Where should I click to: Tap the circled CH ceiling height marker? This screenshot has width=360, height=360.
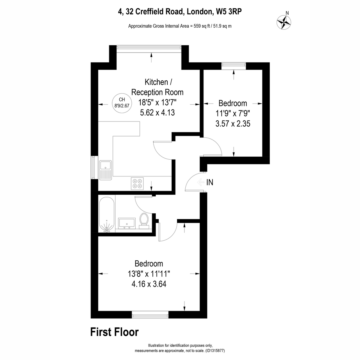pos(122,103)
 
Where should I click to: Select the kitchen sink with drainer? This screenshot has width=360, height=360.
pos(105,170)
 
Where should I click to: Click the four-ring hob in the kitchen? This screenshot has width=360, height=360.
pos(137,184)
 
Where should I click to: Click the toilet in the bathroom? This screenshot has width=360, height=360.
pos(144,221)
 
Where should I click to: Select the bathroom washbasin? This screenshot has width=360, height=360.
pos(127,223)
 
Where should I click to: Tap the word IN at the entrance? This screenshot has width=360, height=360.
pos(210,182)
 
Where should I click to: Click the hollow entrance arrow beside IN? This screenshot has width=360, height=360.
pos(201,182)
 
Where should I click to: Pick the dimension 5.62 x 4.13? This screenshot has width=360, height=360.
pos(157,113)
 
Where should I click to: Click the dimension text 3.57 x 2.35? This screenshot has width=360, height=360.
pos(233,124)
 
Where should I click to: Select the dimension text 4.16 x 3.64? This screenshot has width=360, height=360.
pos(149,284)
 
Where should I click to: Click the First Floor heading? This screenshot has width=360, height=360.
pos(115,332)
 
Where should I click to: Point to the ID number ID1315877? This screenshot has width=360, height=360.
pos(215,351)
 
